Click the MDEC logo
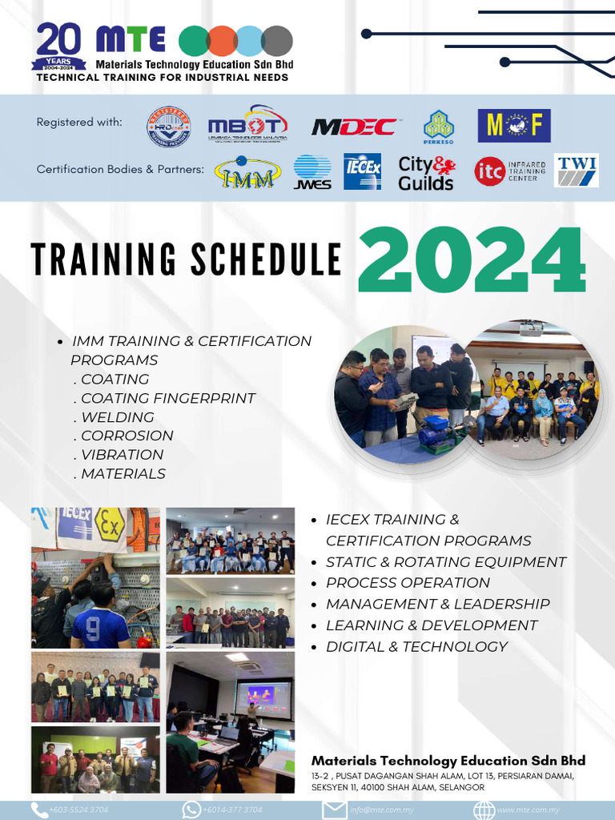click(x=353, y=127)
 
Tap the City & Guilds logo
click(x=425, y=172)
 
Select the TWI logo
click(x=577, y=170)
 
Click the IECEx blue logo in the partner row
click(x=361, y=171)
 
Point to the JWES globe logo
click(x=312, y=172)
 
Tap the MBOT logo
click(x=247, y=126)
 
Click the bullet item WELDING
click(x=117, y=417)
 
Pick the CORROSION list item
click(x=127, y=436)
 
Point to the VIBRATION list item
click(x=122, y=455)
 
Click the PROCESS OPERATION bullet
click(x=408, y=583)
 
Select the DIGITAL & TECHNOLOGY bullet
click(x=416, y=646)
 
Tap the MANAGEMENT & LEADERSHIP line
click(x=437, y=604)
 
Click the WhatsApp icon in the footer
click(x=191, y=810)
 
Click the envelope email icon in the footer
click(x=334, y=810)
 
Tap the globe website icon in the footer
click(x=484, y=810)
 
